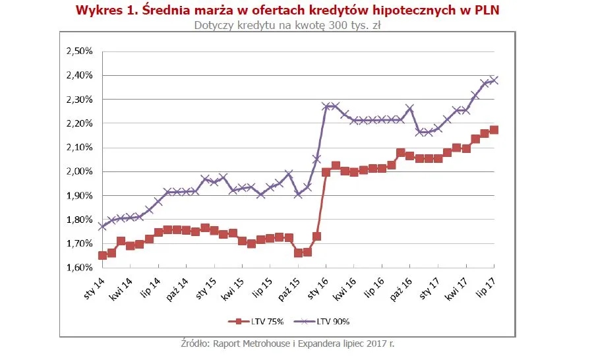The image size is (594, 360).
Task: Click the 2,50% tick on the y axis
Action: tap(80, 51)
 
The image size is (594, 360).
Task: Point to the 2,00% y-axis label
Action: tap(80, 171)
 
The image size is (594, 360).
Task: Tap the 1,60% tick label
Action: tap(80, 268)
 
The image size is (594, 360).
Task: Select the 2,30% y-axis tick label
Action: tap(80, 100)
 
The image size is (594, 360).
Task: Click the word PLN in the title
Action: tap(486, 11)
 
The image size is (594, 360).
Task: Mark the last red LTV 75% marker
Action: tap(494, 130)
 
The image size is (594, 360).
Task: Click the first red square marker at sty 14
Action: tap(102, 255)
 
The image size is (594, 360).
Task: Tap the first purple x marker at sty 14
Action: tap(102, 226)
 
